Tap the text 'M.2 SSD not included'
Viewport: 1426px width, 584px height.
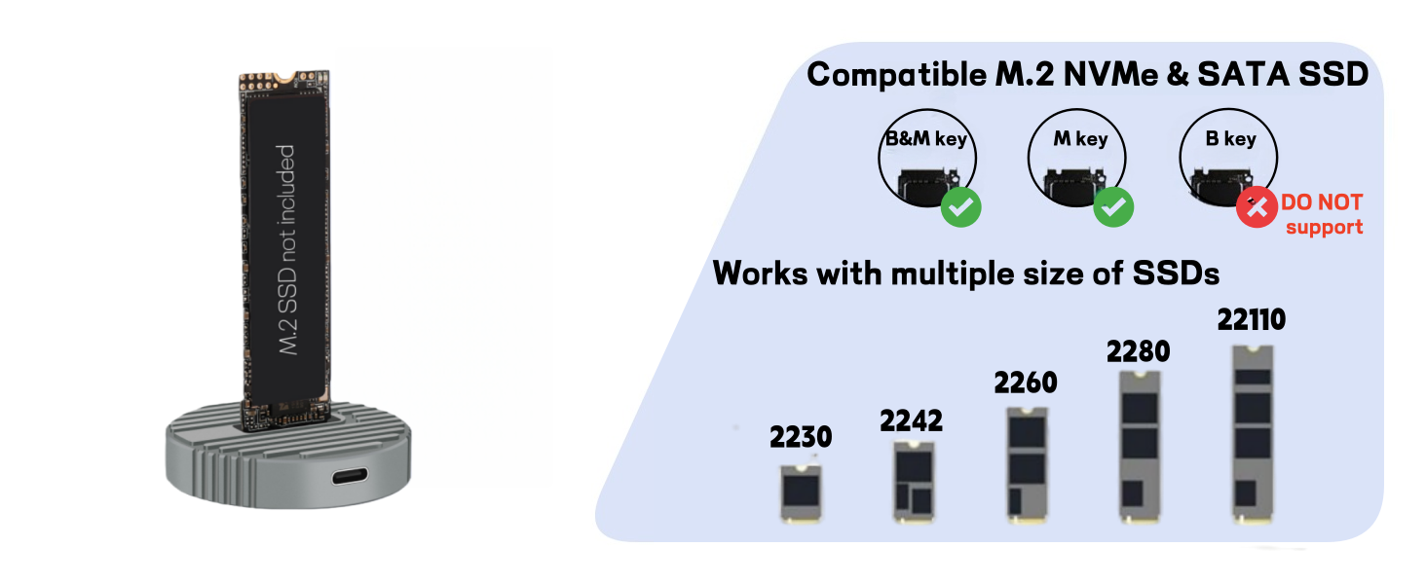pos(285,249)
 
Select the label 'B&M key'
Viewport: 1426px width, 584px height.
pos(926,139)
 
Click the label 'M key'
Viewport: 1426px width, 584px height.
pos(1080,139)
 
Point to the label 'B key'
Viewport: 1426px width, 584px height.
pos(1230,139)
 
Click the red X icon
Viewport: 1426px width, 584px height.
pos(1257,207)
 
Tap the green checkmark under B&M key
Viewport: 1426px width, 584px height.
pos(960,207)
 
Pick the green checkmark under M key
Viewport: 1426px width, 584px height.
pos(1113,207)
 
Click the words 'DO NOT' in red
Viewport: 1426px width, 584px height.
pos(1322,202)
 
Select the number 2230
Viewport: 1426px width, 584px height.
pos(801,437)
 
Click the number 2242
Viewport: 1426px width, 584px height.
pos(911,420)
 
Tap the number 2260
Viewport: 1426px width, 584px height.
pos(1025,383)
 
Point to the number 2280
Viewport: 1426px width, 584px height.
pos(1138,351)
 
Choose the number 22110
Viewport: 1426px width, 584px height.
pos(1252,319)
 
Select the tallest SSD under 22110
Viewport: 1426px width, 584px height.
pos(1252,434)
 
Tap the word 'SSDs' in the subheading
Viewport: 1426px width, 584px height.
pos(1176,273)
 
